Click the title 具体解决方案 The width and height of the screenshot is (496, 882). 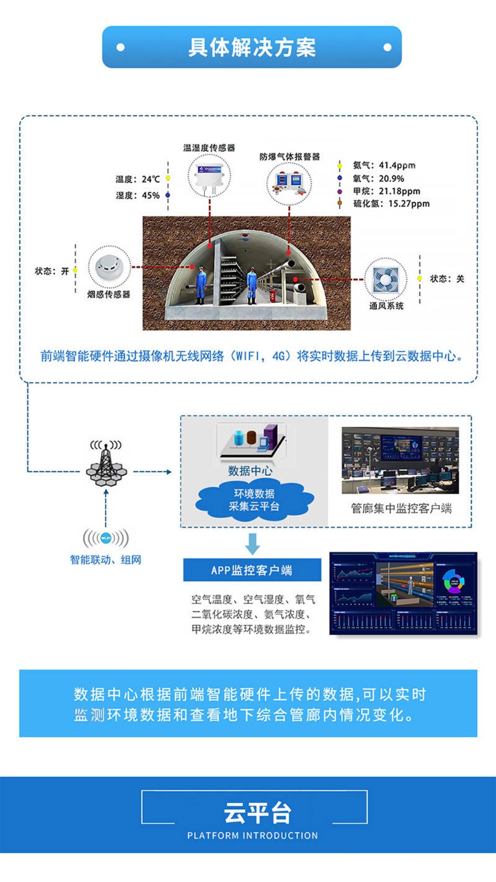252,47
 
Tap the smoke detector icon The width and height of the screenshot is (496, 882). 109,267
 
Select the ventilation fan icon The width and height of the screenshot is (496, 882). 385,279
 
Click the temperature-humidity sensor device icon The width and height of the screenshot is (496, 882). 209,174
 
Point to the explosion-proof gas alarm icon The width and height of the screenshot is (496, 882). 289,182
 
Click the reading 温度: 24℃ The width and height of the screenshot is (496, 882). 138,179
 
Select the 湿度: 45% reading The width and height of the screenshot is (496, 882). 138,195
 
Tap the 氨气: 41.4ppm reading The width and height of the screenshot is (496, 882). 384,165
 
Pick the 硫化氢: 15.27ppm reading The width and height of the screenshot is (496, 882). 391,203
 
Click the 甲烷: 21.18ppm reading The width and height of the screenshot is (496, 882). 386,191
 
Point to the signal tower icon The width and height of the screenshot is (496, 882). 106,464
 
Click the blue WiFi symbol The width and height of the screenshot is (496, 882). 106,537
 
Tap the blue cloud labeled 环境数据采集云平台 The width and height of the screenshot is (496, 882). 254,500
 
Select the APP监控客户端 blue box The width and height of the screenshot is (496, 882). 252,570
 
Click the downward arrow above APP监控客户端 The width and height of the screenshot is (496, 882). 252,544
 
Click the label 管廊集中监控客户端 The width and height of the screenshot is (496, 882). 401,508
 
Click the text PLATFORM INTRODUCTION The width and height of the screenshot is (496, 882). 252,836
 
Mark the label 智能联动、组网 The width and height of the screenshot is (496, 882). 105,560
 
